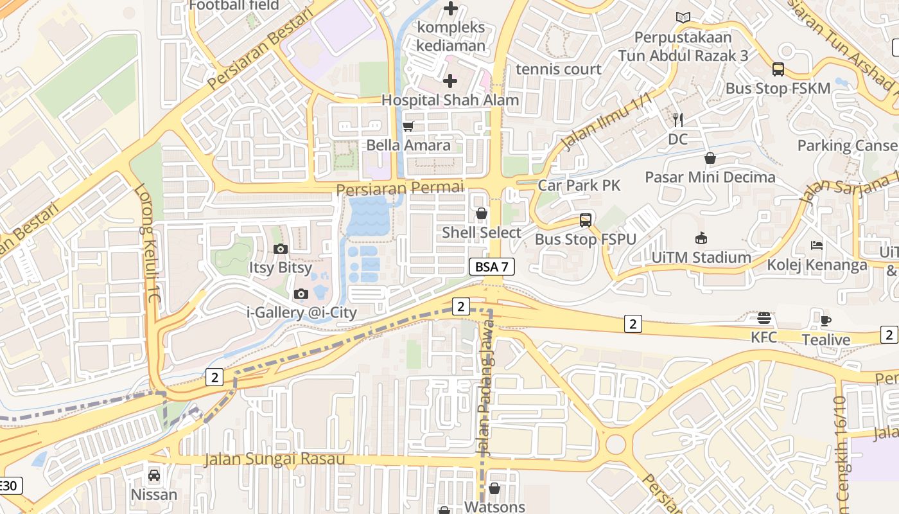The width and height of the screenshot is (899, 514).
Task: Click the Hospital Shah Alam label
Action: pos(450,100)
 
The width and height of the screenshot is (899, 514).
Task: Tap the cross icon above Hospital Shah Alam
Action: pos(450,81)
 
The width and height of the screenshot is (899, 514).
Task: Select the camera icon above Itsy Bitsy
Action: pos(280,249)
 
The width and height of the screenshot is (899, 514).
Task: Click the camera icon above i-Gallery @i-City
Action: pos(301,294)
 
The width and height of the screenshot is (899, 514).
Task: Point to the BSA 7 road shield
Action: pos(492,267)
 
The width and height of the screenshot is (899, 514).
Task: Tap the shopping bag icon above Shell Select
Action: pos(482,213)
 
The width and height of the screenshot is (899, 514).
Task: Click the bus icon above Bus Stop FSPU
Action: pos(586,220)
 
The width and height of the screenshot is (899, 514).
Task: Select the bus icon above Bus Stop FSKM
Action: pos(778,69)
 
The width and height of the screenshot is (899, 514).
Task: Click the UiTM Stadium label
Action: pos(701,258)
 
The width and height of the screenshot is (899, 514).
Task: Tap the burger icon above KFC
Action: pos(764,318)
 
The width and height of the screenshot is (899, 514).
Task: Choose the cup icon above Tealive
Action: pos(826,321)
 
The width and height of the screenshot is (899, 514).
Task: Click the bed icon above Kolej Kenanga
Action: pos(817,245)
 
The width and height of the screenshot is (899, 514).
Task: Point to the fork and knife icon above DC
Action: pos(677,120)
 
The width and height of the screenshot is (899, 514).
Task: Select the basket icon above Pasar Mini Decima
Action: pos(710,157)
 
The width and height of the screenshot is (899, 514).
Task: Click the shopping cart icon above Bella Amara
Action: pos(408,126)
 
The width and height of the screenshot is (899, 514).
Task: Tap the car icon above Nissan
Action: pos(154,475)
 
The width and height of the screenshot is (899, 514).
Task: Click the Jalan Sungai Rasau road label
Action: pos(274,459)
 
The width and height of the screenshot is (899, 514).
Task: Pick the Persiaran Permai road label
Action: pos(399,188)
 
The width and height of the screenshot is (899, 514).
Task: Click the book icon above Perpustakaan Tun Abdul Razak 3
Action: pos(683,18)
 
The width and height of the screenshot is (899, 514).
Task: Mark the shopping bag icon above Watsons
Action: pos(494,488)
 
